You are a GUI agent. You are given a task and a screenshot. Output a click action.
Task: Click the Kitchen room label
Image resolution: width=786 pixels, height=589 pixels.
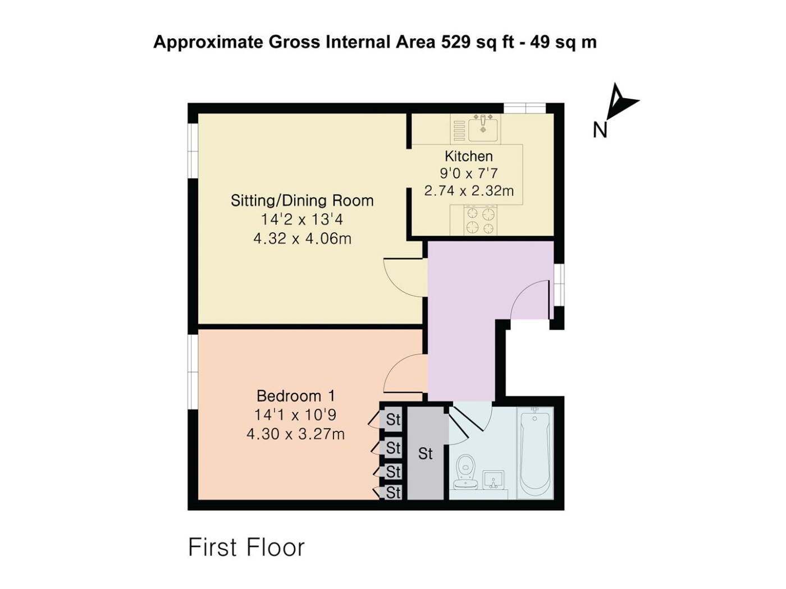pyautogui.click(x=468, y=157)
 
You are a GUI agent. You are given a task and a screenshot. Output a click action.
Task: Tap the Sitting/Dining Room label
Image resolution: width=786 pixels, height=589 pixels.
pyautogui.click(x=302, y=201)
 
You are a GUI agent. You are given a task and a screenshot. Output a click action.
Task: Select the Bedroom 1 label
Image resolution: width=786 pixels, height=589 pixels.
pyautogui.click(x=295, y=396)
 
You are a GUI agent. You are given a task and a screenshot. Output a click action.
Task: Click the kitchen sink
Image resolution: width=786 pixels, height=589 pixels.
pyautogui.click(x=483, y=128)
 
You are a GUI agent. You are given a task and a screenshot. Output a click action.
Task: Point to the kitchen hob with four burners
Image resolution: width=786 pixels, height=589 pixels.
pyautogui.click(x=480, y=220)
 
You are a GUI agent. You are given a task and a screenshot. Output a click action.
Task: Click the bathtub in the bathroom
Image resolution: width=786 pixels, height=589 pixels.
pyautogui.click(x=534, y=453)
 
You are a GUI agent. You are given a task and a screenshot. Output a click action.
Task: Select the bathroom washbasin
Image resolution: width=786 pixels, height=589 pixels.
pyautogui.click(x=493, y=480)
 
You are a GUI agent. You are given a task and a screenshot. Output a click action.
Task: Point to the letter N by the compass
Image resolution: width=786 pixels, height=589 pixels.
pyautogui.click(x=600, y=131)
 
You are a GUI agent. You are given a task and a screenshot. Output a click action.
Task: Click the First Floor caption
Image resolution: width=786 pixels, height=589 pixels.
pyautogui.click(x=246, y=547)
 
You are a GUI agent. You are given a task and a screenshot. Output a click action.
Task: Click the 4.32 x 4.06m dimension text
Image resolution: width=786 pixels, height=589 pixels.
pyautogui.click(x=302, y=238)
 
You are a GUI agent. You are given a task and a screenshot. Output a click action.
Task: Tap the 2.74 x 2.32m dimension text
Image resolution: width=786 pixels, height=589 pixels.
pyautogui.click(x=469, y=191)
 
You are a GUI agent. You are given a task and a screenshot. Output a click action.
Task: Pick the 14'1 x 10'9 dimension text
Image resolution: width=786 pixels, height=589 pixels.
pyautogui.click(x=295, y=415)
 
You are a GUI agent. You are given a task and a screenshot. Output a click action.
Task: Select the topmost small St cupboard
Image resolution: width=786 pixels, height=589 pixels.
pyautogui.click(x=393, y=419)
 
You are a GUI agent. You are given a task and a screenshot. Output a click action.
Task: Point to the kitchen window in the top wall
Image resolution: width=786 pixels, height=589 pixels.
pyautogui.click(x=524, y=108)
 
